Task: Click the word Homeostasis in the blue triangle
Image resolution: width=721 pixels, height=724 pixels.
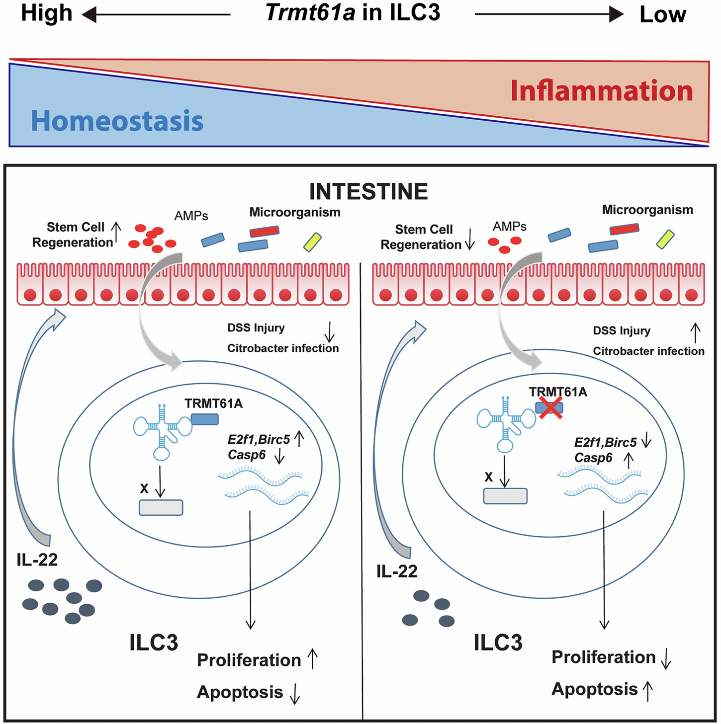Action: click(117, 121)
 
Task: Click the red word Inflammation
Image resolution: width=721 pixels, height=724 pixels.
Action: click(602, 91)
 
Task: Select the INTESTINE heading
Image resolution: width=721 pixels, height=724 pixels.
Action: click(368, 192)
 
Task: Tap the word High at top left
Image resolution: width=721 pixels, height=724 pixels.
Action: click(47, 13)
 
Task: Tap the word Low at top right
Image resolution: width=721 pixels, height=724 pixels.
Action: click(663, 15)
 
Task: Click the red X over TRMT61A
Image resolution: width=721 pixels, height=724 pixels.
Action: click(550, 408)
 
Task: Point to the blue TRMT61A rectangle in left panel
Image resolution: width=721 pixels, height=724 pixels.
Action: click(205, 419)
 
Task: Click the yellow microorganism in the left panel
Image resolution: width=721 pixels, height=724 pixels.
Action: click(313, 241)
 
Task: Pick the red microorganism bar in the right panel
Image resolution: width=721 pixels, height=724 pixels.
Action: click(624, 229)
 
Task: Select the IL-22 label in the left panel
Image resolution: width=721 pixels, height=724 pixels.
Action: click(37, 560)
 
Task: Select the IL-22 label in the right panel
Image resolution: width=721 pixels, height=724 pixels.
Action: click(397, 571)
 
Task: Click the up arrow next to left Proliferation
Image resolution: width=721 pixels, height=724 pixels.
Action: click(312, 658)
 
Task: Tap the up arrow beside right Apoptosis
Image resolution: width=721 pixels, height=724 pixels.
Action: click(648, 690)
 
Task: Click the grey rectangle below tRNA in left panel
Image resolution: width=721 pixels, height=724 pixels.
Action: click(161, 507)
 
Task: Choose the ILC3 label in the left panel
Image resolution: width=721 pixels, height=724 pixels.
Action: click(154, 643)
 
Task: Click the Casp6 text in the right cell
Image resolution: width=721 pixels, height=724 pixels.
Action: click(593, 458)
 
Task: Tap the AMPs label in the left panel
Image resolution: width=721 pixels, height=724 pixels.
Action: click(191, 216)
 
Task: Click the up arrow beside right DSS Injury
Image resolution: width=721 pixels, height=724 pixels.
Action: click(695, 332)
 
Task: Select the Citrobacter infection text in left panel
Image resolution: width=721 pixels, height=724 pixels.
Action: click(283, 348)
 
